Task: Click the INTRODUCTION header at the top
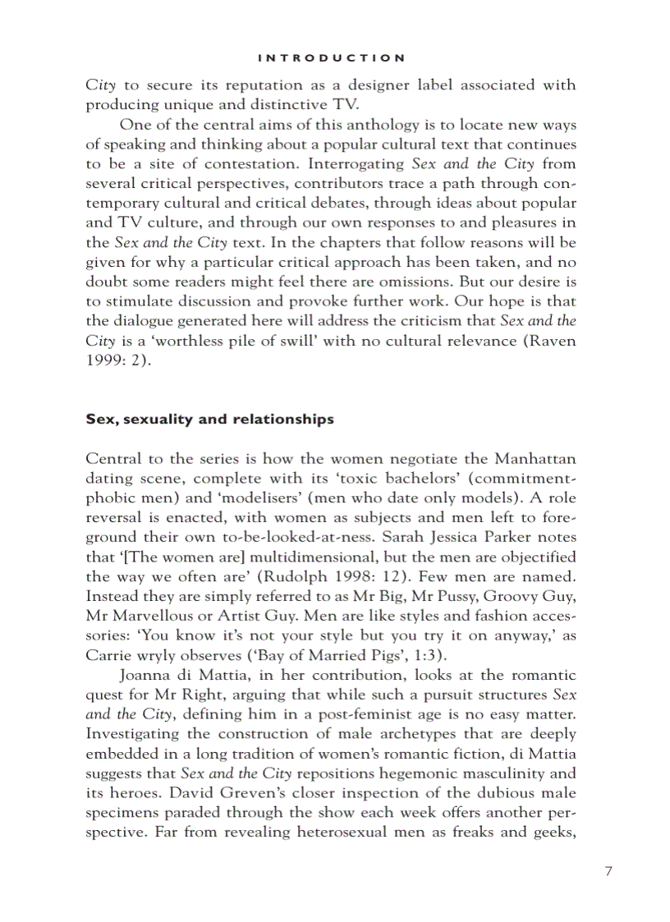coord(331,57)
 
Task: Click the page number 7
coord(608,872)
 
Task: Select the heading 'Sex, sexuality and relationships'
coord(209,419)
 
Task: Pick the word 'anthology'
coord(353,124)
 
